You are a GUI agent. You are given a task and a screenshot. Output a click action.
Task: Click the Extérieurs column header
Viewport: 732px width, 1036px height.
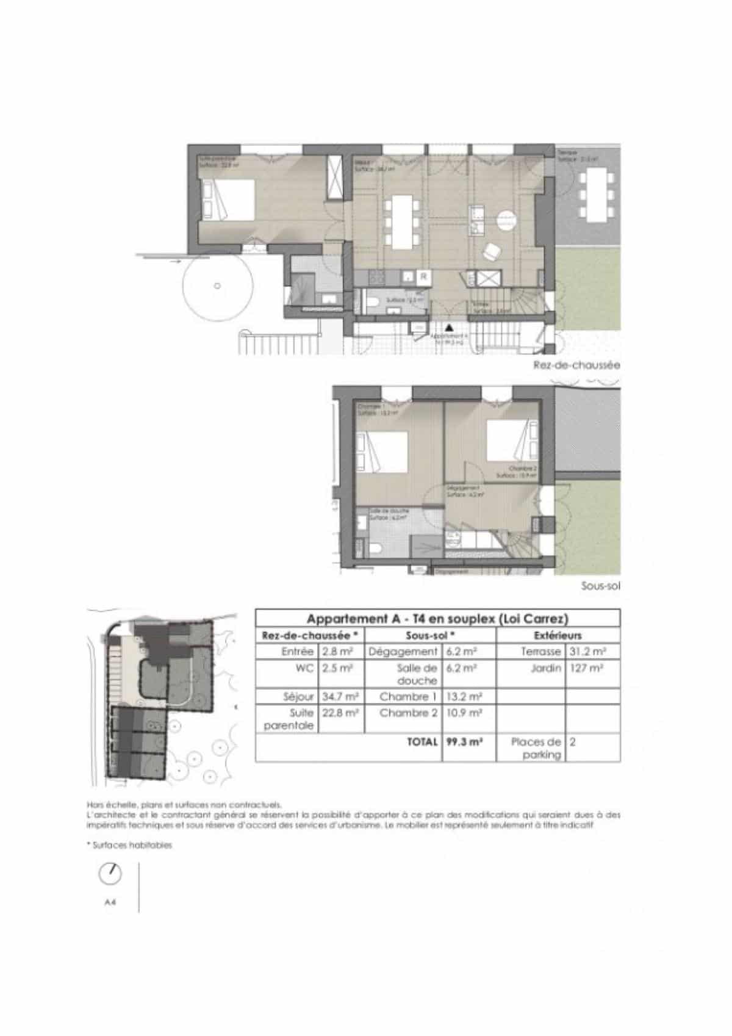(558, 635)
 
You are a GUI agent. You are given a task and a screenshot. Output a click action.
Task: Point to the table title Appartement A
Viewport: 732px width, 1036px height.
(437, 618)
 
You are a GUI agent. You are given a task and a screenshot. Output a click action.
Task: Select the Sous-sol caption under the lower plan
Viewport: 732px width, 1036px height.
(601, 586)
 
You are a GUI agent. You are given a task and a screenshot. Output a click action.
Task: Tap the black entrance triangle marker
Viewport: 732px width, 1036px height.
(449, 327)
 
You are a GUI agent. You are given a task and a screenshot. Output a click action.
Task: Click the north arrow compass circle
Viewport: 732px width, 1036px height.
(110, 874)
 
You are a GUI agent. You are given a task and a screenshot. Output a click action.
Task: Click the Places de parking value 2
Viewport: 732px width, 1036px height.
(573, 742)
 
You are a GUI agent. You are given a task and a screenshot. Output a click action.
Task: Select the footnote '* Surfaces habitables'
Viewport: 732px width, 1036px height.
(129, 845)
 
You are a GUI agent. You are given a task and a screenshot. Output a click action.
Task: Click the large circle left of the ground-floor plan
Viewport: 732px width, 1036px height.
(217, 286)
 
